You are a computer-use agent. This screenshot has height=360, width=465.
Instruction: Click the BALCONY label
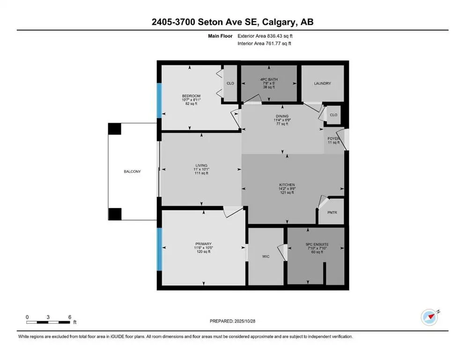[132, 172]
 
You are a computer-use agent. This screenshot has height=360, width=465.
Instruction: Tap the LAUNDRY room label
[322, 83]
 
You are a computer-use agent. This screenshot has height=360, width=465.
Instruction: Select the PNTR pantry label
[332, 212]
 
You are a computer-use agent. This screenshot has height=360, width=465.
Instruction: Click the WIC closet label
[265, 256]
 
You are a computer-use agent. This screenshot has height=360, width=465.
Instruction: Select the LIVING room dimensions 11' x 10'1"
[201, 169]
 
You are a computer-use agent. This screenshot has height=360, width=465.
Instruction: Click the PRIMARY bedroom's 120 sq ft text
[204, 252]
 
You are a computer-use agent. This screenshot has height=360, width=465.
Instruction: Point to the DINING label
[282, 116]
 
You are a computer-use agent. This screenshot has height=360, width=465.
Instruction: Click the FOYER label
[333, 139]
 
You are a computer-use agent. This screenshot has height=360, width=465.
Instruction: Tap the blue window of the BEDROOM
[159, 100]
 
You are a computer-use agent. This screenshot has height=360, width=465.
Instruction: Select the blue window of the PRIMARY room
[159, 248]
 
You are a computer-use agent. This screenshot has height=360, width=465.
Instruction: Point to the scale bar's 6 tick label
[69, 317]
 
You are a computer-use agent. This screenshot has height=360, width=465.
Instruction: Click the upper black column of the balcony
[115, 129]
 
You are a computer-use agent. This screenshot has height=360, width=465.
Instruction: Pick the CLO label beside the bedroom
[230, 83]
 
